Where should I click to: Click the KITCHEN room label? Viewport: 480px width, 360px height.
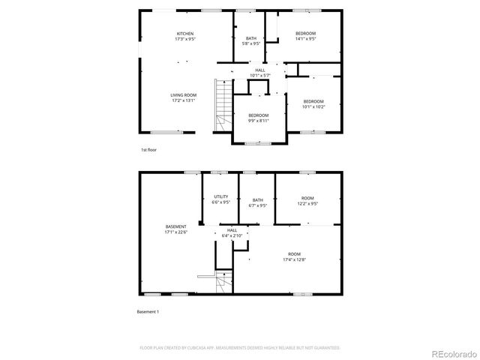(x=185, y=34)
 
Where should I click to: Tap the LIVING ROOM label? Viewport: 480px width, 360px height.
(x=183, y=95)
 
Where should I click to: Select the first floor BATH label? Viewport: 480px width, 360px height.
(x=251, y=38)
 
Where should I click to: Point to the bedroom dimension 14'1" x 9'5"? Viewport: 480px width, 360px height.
(x=304, y=39)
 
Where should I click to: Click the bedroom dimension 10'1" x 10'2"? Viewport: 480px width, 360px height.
(x=313, y=106)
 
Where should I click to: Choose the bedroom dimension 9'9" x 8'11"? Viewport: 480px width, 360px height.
(x=259, y=120)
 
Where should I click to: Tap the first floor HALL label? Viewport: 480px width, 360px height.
(x=259, y=70)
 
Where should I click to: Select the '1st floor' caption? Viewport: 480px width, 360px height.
(x=148, y=150)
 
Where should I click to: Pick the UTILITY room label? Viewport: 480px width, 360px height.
(x=220, y=196)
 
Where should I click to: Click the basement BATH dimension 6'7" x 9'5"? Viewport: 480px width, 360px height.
(x=257, y=205)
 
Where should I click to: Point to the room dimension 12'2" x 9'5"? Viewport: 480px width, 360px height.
(x=307, y=202)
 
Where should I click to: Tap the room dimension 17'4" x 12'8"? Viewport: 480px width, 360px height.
(x=294, y=260)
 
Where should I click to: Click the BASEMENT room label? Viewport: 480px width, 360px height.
(x=176, y=226)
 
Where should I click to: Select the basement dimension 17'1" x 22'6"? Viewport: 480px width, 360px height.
(x=176, y=232)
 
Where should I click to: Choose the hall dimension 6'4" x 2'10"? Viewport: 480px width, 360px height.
(x=232, y=235)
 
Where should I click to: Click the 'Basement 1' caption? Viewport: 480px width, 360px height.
(x=148, y=311)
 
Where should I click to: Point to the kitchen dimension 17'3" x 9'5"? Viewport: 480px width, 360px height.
(x=185, y=39)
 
